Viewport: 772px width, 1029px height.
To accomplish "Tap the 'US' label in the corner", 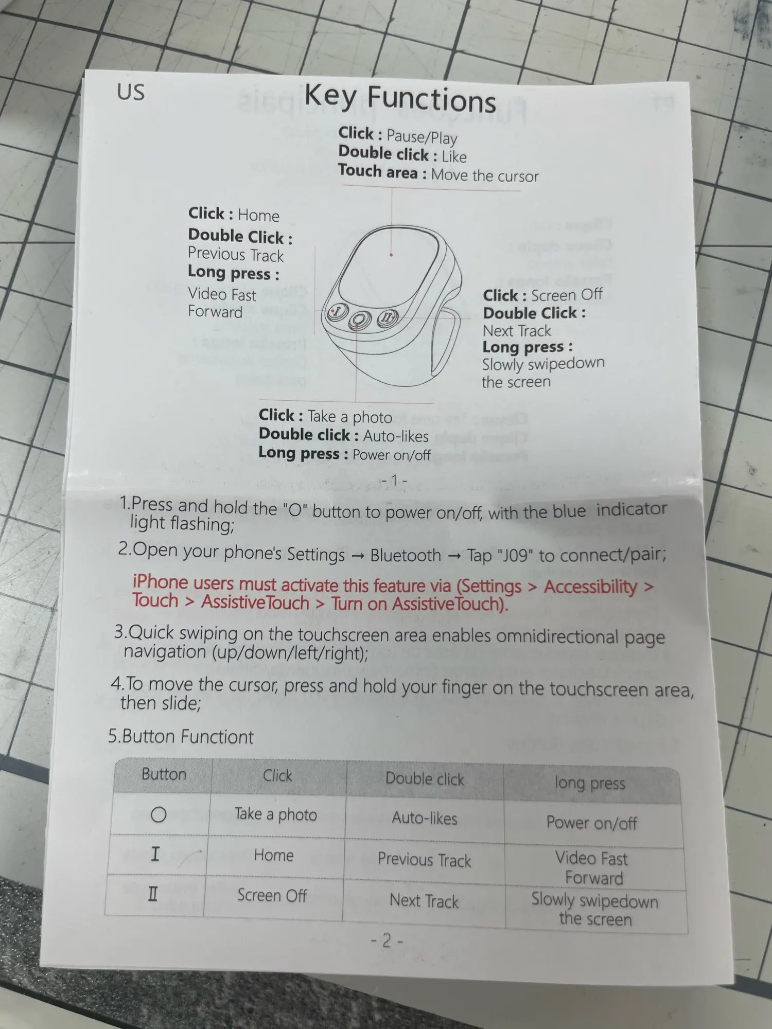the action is click(x=131, y=93).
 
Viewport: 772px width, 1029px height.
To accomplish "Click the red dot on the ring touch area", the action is click(x=391, y=255).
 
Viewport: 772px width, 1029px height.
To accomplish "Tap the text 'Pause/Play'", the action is click(x=422, y=137).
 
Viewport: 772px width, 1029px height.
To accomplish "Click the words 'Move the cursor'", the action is click(x=485, y=175).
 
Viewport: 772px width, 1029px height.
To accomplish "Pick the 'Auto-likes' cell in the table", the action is click(x=425, y=818).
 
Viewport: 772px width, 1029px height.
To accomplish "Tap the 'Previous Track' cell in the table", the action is click(x=424, y=859).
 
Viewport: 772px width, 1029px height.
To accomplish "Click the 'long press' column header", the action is click(x=590, y=783).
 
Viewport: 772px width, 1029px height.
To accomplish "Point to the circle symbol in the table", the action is click(x=159, y=814).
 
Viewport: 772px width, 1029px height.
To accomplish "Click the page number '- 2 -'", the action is click(x=387, y=941).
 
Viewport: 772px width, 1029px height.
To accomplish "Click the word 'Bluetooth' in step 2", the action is click(x=406, y=555).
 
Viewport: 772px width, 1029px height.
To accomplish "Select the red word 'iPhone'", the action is click(x=160, y=582).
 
